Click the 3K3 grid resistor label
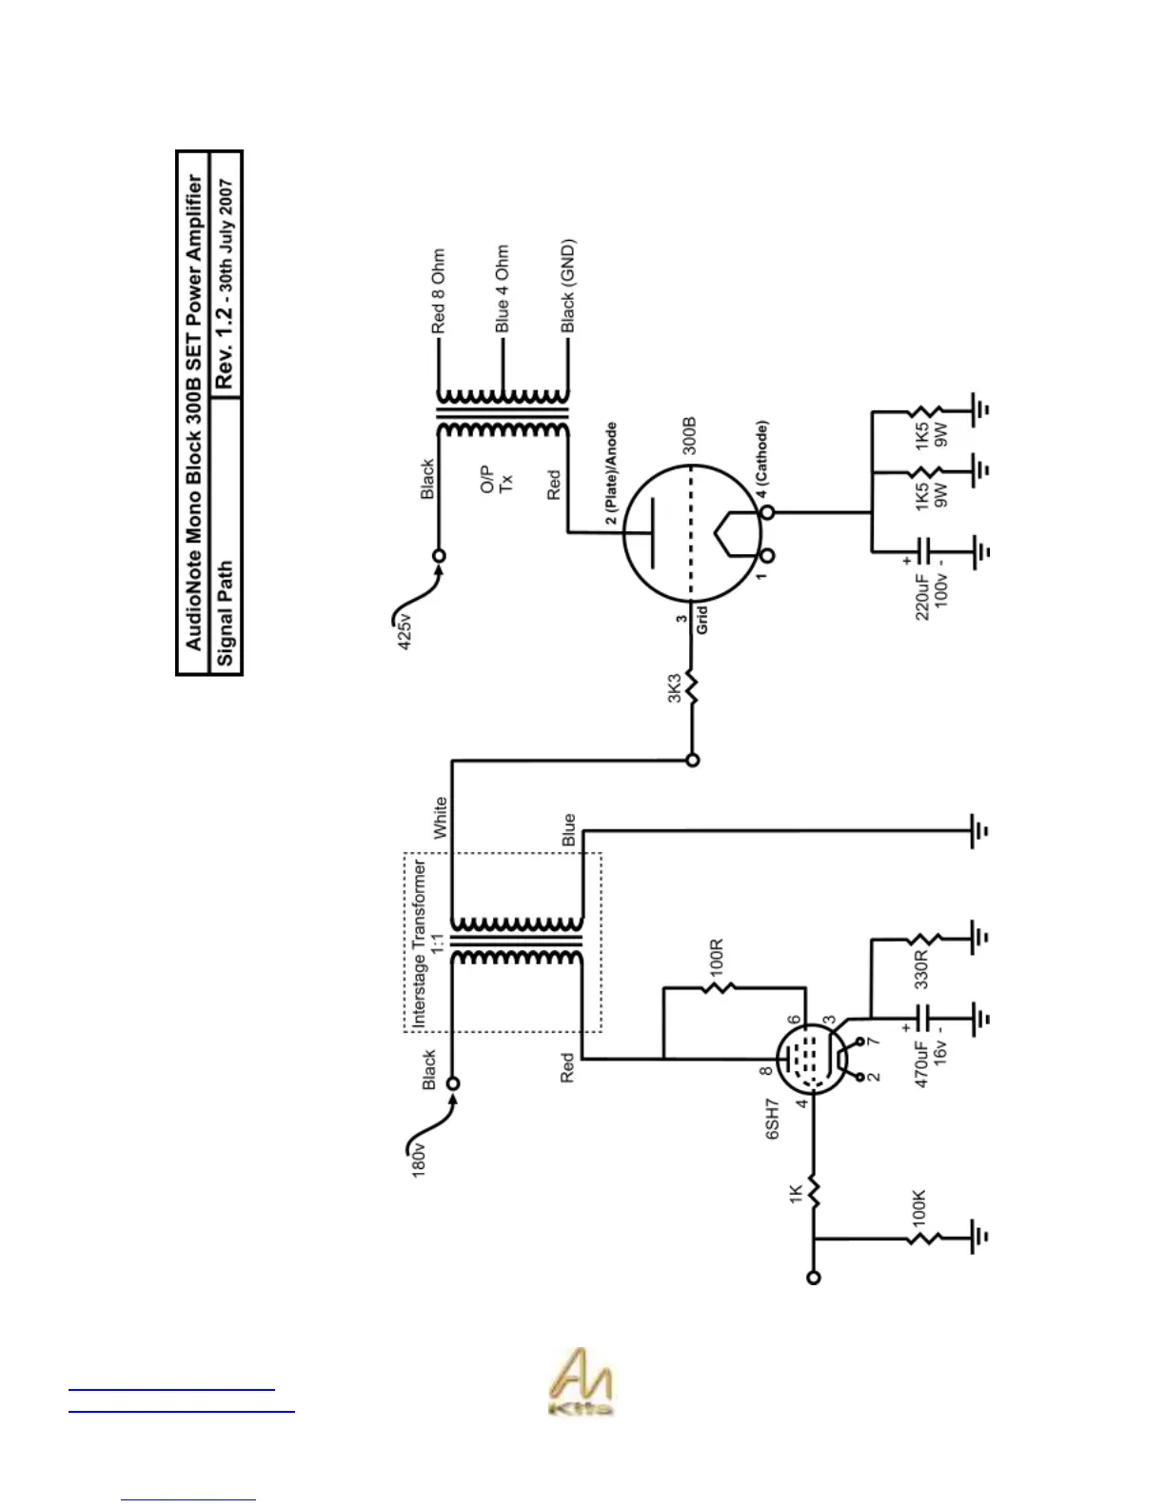pos(674,688)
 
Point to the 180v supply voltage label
pos(419,1159)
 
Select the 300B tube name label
pos(689,434)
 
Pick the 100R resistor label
pos(717,955)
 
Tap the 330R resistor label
pos(920,969)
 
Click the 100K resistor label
pos(918,1207)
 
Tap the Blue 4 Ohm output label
pos(502,288)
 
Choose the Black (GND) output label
pos(567,286)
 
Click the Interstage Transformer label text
pos(420,942)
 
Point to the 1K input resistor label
pos(796,1193)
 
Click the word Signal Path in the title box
pos(225,613)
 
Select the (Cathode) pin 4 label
pos(761,459)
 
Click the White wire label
pos(440,818)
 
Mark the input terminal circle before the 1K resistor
pos(813,1278)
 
